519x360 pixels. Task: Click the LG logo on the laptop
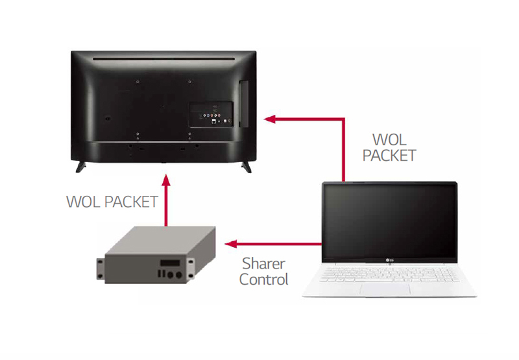tap(390, 260)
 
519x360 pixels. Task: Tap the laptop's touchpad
tap(385, 289)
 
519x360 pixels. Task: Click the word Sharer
tap(263, 264)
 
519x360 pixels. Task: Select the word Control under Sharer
tap(264, 280)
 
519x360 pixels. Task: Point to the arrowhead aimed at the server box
tap(231, 244)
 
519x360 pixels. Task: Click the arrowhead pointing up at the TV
tap(166, 180)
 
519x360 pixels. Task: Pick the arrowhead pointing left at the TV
tap(270, 119)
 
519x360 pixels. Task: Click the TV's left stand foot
tap(80, 167)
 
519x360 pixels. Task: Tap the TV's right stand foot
tap(247, 167)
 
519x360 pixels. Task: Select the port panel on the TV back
tap(211, 114)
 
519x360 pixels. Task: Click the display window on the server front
tap(170, 263)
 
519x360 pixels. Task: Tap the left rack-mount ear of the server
tap(101, 269)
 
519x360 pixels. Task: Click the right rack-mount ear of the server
tap(191, 269)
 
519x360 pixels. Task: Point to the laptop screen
tap(390, 221)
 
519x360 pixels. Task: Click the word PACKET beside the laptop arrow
tap(389, 156)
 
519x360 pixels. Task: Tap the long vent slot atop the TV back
tap(163, 59)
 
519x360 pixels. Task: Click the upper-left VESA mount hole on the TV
tap(138, 81)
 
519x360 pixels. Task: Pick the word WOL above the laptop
tap(389, 139)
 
